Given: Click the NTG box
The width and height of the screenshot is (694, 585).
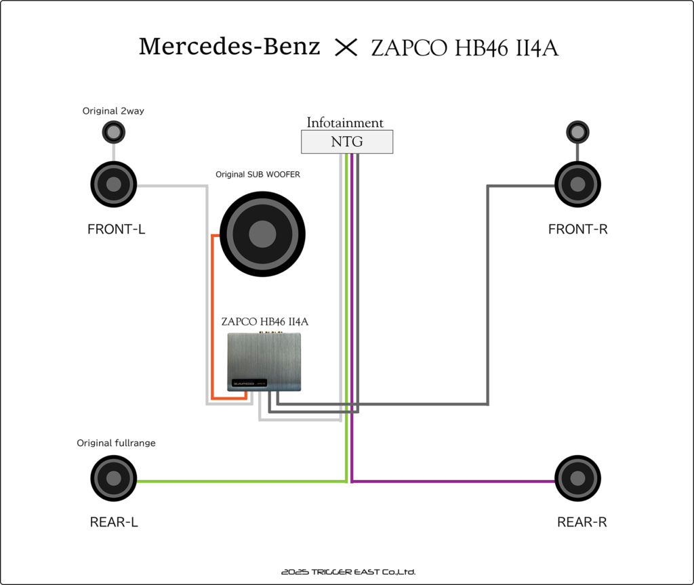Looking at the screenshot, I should pos(346,142).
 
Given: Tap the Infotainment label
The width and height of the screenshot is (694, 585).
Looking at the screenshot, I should pos(345,123).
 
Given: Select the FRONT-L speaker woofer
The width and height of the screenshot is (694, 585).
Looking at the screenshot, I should pos(114,183).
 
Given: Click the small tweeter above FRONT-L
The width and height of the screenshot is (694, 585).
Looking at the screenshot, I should pos(114,131).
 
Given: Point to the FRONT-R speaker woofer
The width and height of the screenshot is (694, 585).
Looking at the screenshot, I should pos(577,183).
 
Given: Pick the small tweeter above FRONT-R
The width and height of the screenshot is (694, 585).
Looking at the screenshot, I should pos(577,131).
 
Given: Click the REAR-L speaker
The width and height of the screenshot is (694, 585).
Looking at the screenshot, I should pos(114,478).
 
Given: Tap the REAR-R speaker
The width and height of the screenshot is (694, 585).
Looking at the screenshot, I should pos(577,478).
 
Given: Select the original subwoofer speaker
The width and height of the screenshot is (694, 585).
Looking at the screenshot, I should pos(262,234).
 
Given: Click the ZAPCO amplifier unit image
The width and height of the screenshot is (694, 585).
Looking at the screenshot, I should pos(264,362).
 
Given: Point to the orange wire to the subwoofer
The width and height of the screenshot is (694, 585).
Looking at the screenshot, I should pos(213,318).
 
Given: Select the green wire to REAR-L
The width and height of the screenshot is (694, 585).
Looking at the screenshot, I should pos(237,481).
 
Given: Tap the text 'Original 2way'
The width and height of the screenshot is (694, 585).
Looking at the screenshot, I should pos(113,110).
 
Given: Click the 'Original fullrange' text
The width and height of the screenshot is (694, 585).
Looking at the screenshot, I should pos(116,443).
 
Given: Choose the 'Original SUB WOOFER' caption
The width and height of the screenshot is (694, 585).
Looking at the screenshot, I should pos(258,174).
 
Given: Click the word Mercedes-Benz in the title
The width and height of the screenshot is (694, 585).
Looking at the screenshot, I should pos(229,47).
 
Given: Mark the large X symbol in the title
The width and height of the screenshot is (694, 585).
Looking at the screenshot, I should pos(346,47).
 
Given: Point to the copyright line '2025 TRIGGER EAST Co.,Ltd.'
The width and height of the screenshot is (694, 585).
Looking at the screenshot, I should pos(348,572).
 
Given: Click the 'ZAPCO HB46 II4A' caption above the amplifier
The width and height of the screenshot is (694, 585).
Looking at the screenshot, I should pos(265,321).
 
